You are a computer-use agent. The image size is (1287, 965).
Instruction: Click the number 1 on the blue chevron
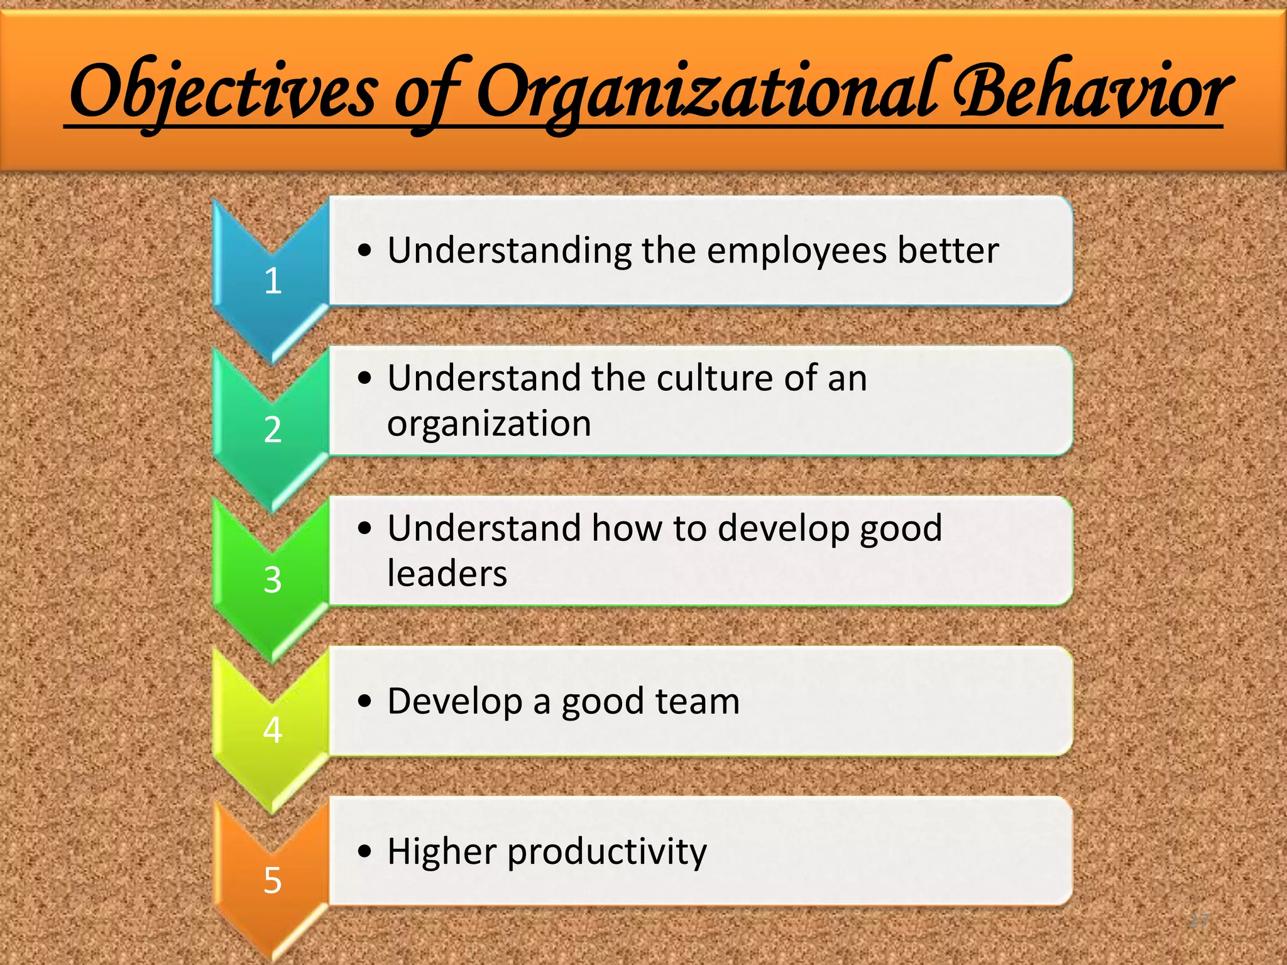272,281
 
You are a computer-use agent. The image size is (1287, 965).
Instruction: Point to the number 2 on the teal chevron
272,430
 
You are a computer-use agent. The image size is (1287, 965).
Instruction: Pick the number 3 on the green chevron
272,580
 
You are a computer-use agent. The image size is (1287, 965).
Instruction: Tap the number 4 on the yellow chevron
272,730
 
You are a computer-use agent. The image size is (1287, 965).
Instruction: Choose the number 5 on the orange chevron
272,880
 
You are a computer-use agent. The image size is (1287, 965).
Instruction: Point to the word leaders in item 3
447,574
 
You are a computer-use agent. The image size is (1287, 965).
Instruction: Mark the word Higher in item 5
441,852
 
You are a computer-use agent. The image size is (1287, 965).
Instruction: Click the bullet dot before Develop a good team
364,701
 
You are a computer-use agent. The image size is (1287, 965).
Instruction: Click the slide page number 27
1198,922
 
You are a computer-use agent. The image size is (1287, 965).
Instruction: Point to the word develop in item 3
783,529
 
